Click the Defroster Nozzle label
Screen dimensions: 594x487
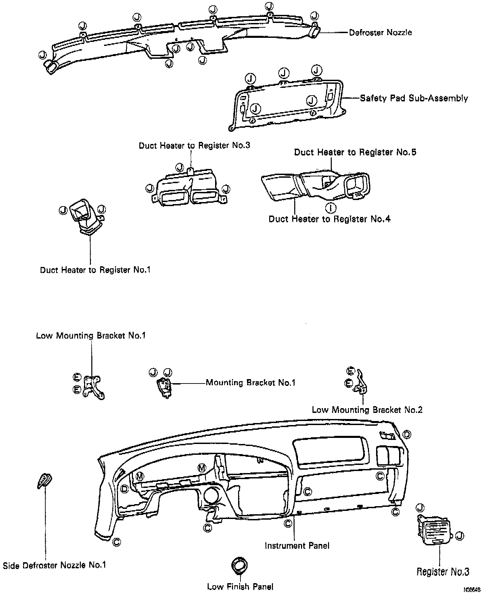380,32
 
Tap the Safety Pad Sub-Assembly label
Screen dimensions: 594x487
414,98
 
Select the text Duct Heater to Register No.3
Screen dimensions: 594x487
194,146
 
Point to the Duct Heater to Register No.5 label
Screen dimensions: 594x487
355,152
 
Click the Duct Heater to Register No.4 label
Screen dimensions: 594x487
329,219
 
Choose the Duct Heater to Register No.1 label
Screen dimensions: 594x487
95,270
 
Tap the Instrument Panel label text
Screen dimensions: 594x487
297,545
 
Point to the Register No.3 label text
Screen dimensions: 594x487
443,572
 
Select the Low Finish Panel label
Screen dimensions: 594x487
240,587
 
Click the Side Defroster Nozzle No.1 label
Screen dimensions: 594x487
54,565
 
